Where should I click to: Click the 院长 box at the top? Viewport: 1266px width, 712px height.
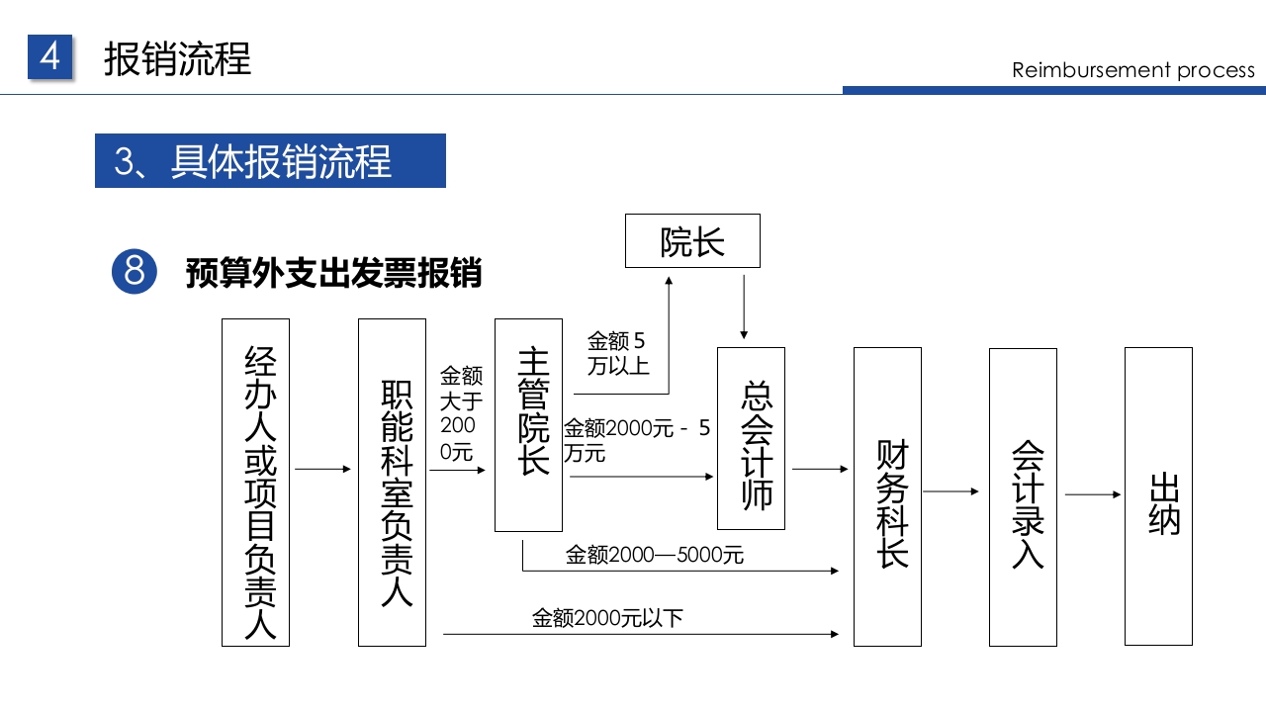[692, 241]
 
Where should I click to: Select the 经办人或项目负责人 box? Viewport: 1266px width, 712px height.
[255, 483]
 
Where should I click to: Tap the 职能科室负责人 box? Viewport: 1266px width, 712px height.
[392, 483]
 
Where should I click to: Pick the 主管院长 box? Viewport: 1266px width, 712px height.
[528, 425]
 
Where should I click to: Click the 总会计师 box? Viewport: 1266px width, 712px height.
[751, 438]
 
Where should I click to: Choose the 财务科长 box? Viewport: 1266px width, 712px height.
[887, 496]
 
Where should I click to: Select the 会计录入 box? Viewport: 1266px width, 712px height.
[1023, 496]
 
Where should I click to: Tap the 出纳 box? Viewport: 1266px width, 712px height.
[1158, 496]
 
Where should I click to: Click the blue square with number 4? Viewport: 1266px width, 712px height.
[50, 57]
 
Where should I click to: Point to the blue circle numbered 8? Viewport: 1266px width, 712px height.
[135, 271]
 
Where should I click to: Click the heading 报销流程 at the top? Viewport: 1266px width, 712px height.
[178, 58]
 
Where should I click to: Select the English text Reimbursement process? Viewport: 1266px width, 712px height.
[1133, 70]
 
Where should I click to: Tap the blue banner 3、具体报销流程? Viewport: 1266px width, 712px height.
[270, 161]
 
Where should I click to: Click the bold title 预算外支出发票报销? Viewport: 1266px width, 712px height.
[333, 272]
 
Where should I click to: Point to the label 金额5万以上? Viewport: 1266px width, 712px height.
[617, 353]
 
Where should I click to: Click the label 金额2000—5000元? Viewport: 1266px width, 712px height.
[655, 555]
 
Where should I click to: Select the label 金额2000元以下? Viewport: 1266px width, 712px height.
[607, 619]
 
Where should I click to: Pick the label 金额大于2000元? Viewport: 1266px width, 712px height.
[460, 413]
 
